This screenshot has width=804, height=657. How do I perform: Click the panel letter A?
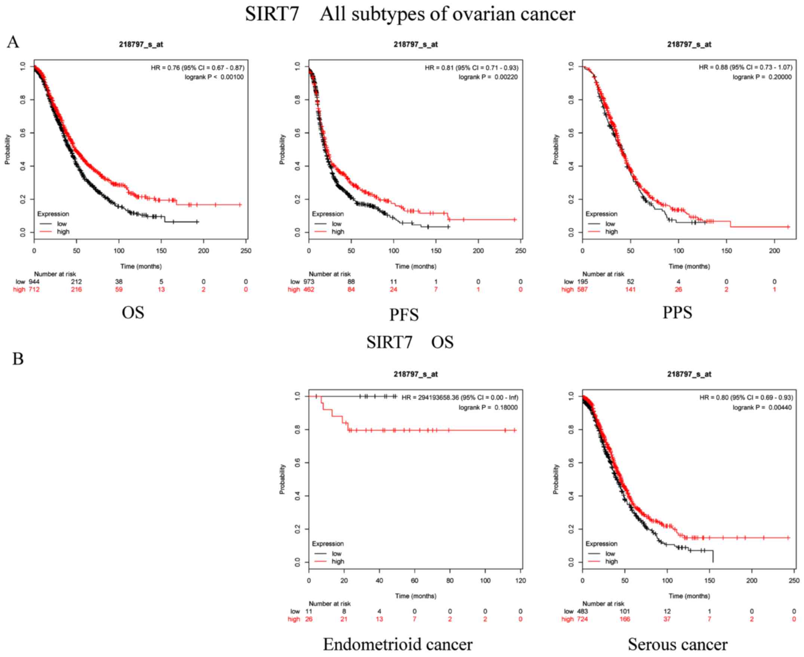[x=13, y=42]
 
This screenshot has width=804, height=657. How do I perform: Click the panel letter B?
[x=18, y=358]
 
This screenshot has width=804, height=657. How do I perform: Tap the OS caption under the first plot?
[x=133, y=313]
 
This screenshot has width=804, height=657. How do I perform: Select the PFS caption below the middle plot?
[x=404, y=315]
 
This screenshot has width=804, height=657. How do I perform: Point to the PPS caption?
[x=677, y=313]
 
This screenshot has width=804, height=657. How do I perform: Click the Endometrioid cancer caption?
[x=398, y=645]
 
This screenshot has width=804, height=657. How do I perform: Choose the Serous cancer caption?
[x=678, y=645]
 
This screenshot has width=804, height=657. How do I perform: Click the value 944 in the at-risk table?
[x=34, y=282]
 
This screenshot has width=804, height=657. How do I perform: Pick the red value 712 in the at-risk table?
[x=34, y=290]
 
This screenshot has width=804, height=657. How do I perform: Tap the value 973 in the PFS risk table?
[x=309, y=282]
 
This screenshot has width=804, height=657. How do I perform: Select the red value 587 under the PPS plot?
[x=582, y=290]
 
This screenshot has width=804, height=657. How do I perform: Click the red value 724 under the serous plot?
[x=582, y=619]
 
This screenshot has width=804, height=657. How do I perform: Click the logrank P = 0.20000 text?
[x=762, y=77]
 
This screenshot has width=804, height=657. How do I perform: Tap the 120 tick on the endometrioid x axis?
[x=521, y=581]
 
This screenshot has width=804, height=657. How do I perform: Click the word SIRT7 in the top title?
[x=272, y=14]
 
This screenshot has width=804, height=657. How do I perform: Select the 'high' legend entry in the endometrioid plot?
[x=338, y=561]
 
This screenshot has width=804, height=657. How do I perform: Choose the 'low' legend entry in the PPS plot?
[x=610, y=224]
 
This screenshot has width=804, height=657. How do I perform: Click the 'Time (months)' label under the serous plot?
[x=689, y=596]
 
